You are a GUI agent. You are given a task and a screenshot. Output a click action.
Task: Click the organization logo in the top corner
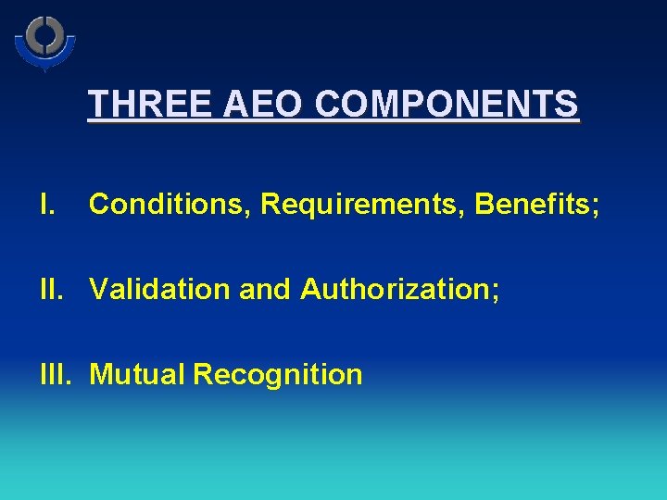(x=44, y=42)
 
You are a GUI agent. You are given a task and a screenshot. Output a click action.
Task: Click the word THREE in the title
(x=151, y=104)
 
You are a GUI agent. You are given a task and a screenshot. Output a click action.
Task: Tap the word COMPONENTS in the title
(x=447, y=104)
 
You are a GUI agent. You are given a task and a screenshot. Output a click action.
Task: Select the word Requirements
(x=362, y=205)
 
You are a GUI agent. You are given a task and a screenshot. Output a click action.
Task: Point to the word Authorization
(x=395, y=289)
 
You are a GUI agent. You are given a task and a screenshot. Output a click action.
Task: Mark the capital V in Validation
(x=98, y=289)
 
